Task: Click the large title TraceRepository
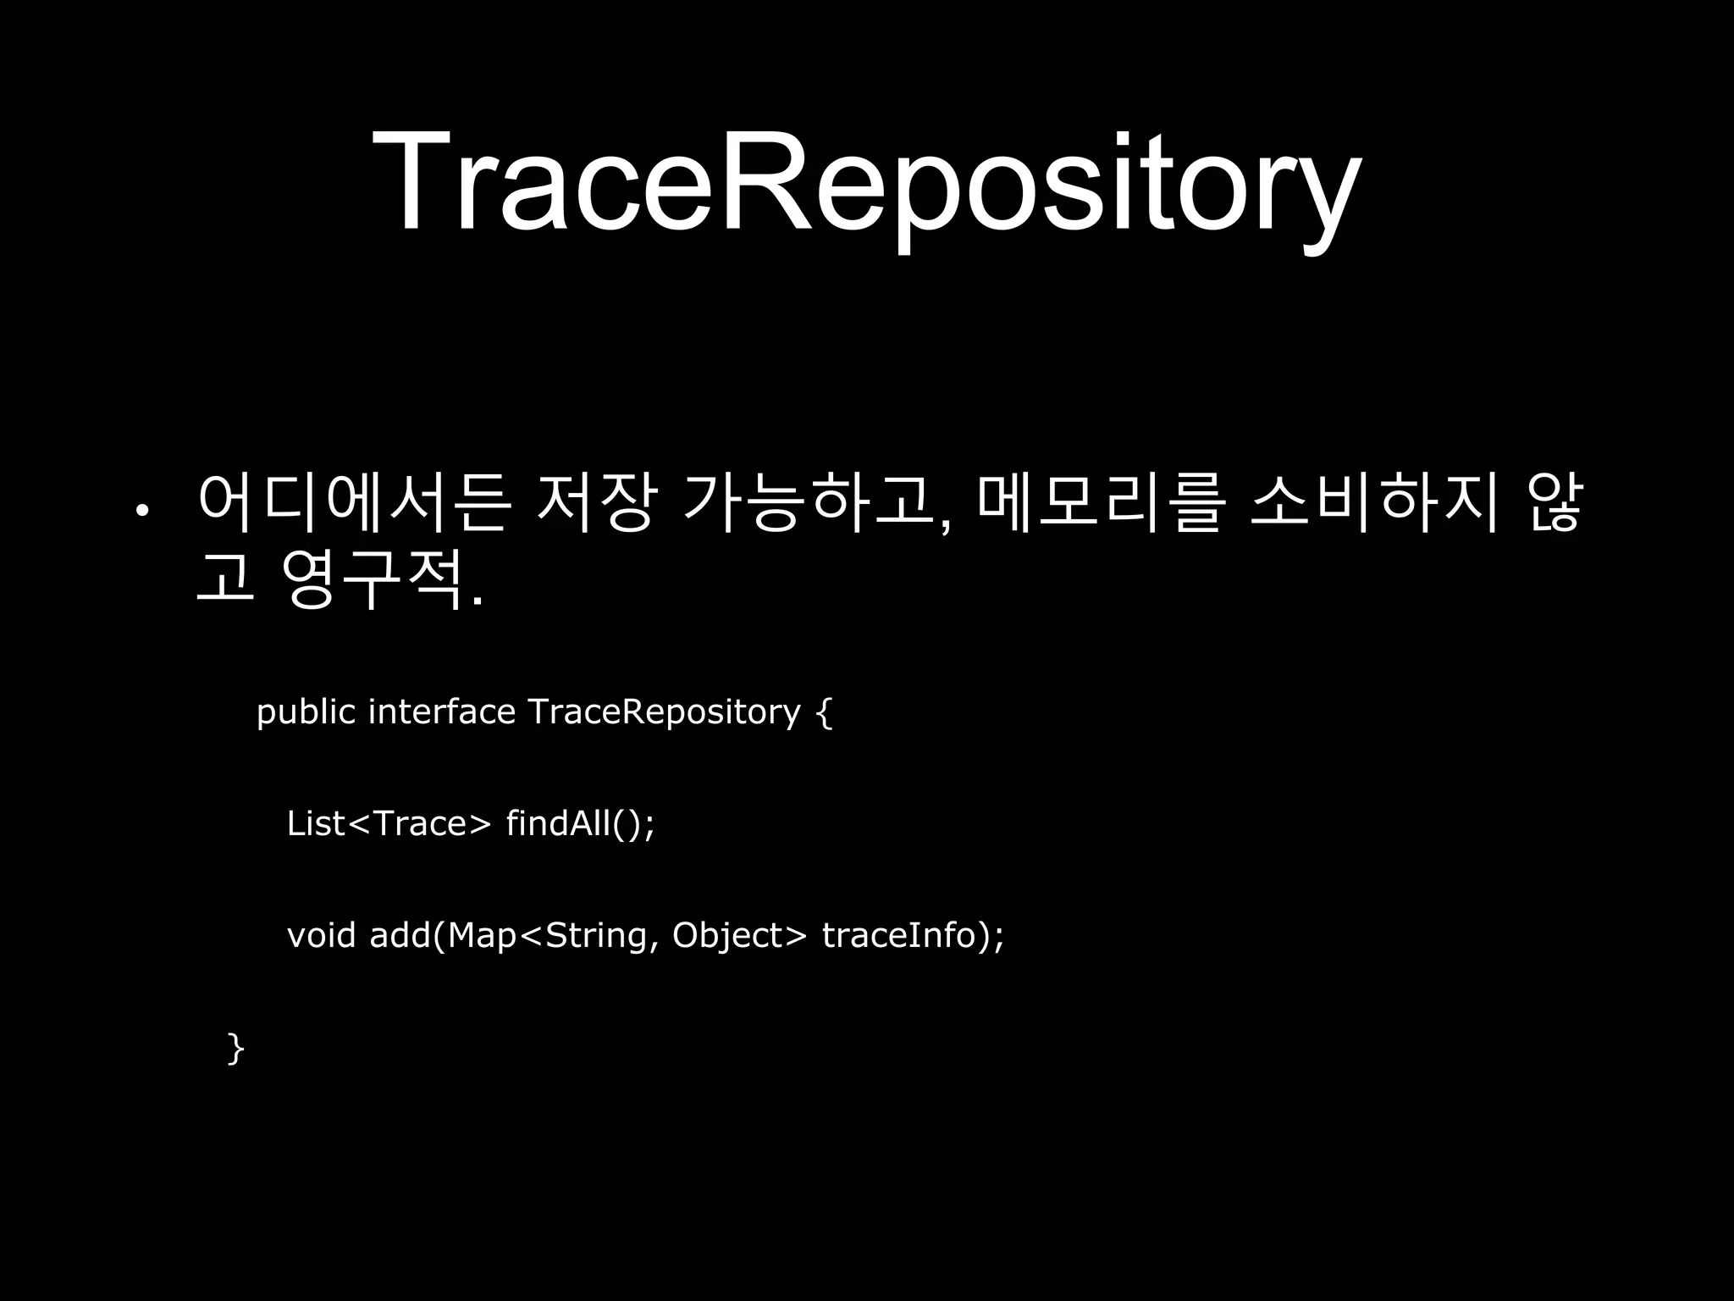(x=865, y=182)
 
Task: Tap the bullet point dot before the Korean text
(x=142, y=510)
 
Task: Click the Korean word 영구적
(x=373, y=579)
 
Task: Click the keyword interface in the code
(x=442, y=711)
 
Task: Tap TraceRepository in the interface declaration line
(x=664, y=712)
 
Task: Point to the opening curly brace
(x=825, y=712)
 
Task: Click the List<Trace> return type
(x=389, y=823)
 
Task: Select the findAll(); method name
(x=581, y=823)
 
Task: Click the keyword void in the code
(x=321, y=935)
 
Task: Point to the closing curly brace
(x=236, y=1048)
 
